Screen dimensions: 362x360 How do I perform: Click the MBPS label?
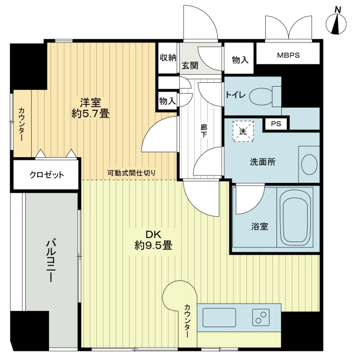click(288, 55)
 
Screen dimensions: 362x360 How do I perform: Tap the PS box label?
click(276, 124)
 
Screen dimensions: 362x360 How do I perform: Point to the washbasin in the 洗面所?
click(309, 164)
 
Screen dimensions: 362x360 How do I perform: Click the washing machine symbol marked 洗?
click(243, 131)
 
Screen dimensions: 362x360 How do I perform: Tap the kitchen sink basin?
click(219, 317)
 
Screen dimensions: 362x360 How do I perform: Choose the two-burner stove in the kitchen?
click(261, 317)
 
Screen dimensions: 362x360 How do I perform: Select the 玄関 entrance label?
click(190, 66)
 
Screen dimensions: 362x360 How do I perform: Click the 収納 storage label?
click(168, 58)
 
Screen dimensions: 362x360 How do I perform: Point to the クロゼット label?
click(47, 175)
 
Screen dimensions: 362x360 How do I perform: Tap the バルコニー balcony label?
click(51, 260)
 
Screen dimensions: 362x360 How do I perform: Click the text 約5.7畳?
click(90, 114)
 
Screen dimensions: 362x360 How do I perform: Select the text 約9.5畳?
click(153, 245)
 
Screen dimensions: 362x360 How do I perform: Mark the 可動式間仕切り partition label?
click(132, 173)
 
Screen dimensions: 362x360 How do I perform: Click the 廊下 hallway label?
click(204, 131)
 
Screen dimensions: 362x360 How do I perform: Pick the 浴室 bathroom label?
click(260, 227)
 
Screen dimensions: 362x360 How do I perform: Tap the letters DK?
click(153, 235)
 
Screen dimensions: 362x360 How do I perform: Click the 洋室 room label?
click(90, 103)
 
